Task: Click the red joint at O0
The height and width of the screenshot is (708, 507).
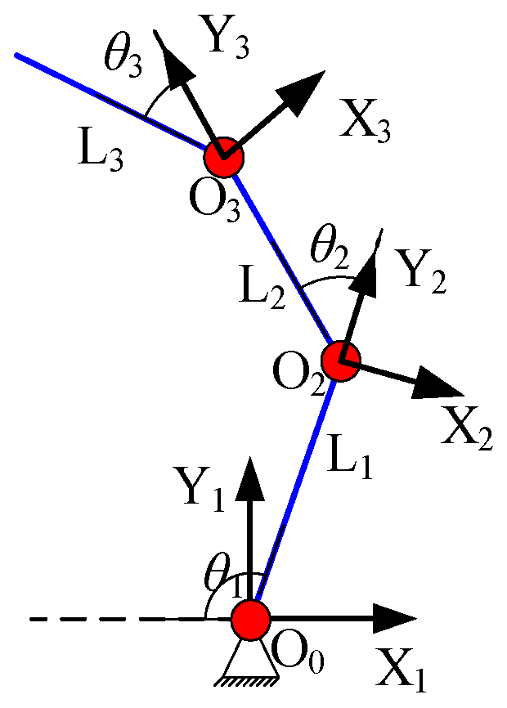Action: tap(249, 619)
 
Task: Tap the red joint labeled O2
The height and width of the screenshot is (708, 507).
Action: tap(340, 361)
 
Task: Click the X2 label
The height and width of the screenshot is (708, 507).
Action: tap(467, 427)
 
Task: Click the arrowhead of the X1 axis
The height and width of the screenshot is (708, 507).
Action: tap(396, 619)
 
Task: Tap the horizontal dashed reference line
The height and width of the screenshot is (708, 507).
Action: tap(114, 620)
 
